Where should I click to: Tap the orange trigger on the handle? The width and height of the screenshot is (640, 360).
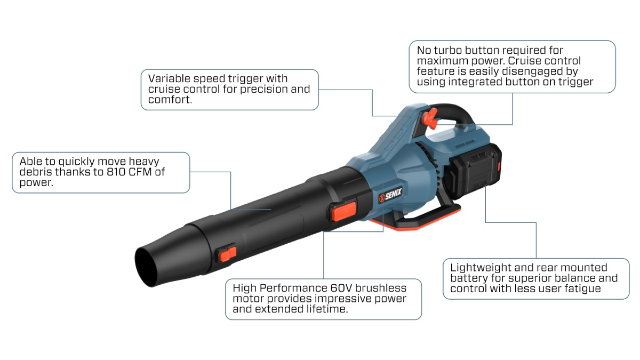pyautogui.click(x=430, y=118)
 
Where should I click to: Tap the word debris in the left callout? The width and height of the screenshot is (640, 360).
pyautogui.click(x=37, y=172)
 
